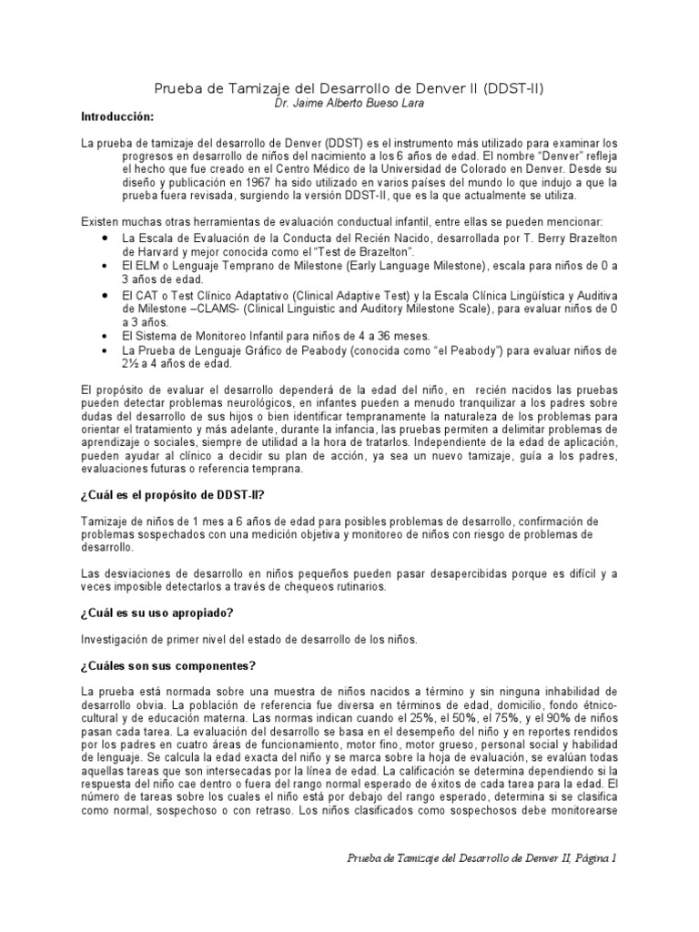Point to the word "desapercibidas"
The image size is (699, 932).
click(408, 573)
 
